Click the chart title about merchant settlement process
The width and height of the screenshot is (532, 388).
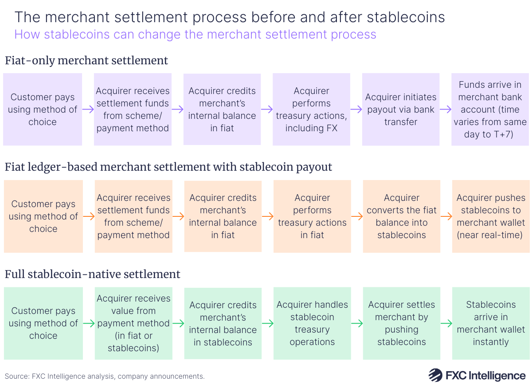(230, 17)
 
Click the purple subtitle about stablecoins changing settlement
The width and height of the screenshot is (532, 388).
(195, 35)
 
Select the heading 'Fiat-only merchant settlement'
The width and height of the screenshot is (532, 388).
(86, 60)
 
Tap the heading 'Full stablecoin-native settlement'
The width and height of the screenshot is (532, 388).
(93, 274)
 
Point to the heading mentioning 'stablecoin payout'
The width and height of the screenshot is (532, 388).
(168, 167)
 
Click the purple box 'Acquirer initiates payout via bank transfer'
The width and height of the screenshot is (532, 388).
(401, 110)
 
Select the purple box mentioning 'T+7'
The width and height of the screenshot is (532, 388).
(490, 110)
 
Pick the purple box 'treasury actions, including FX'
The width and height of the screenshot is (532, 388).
(311, 110)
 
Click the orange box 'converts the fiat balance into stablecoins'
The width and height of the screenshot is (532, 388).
(401, 216)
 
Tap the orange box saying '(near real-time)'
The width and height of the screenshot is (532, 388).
(491, 216)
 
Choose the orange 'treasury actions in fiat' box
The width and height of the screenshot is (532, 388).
(312, 216)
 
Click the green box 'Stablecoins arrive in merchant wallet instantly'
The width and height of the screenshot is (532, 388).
(491, 323)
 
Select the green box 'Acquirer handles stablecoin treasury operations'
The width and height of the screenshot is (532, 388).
(312, 323)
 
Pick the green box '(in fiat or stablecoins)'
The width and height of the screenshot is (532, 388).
(133, 323)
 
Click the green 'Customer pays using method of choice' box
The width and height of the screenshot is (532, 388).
(43, 323)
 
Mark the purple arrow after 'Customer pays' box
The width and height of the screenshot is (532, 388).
(88, 110)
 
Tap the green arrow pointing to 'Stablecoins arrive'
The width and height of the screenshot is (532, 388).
(446, 324)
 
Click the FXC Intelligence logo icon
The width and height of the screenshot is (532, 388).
(436, 375)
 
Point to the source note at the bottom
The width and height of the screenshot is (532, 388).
(105, 376)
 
